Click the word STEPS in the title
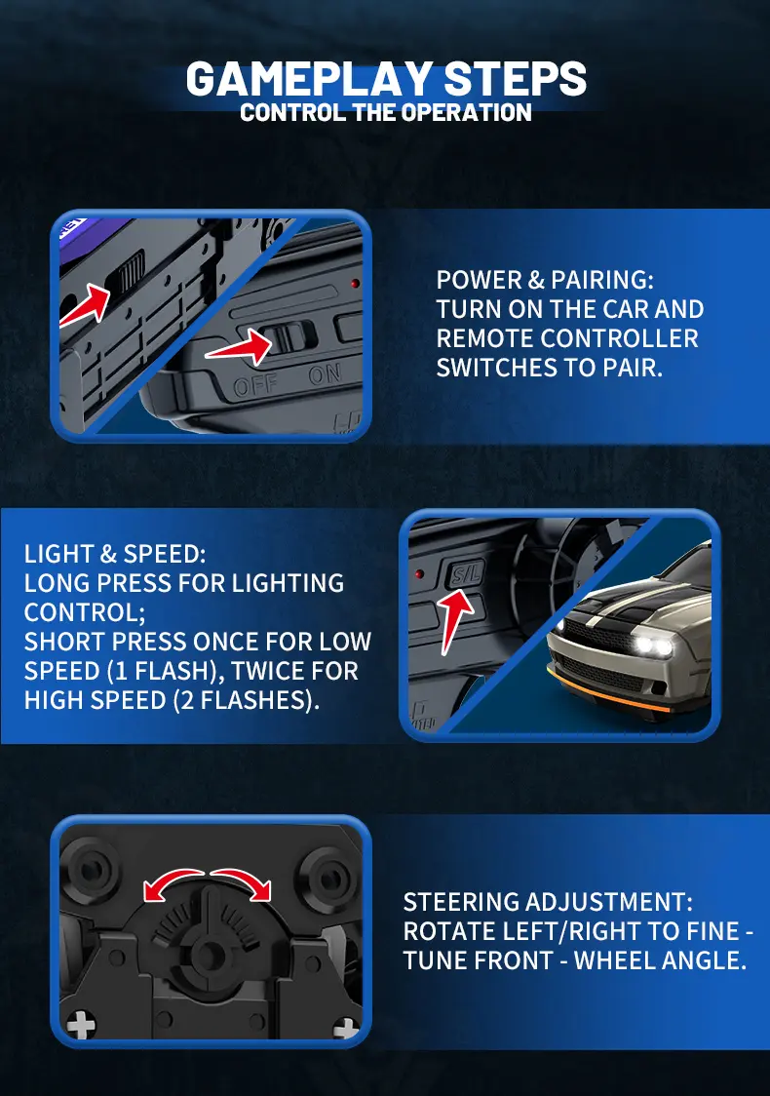(x=515, y=78)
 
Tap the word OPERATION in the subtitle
(x=467, y=112)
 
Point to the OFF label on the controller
(x=255, y=384)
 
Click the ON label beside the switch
(x=325, y=374)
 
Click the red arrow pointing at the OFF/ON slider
(x=239, y=347)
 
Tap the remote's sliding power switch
(x=286, y=337)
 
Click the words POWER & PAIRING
(x=545, y=280)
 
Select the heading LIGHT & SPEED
(x=115, y=554)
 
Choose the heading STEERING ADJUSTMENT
(x=548, y=902)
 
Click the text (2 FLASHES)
(x=246, y=700)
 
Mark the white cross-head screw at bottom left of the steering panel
(x=81, y=1026)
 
